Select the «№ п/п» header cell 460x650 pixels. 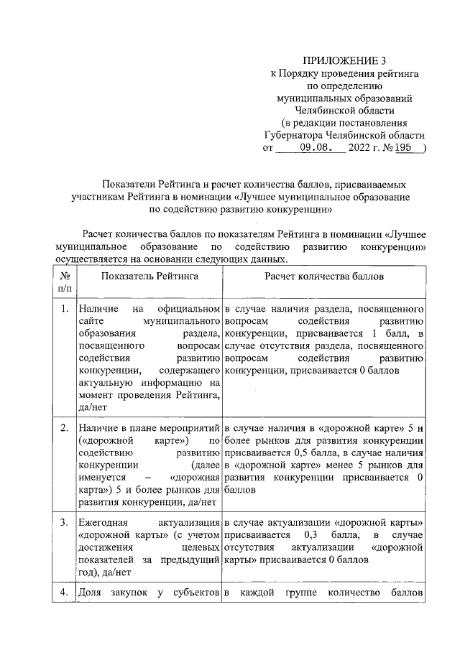pyautogui.click(x=64, y=282)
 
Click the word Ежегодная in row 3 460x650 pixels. pyautogui.click(x=100, y=520)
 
